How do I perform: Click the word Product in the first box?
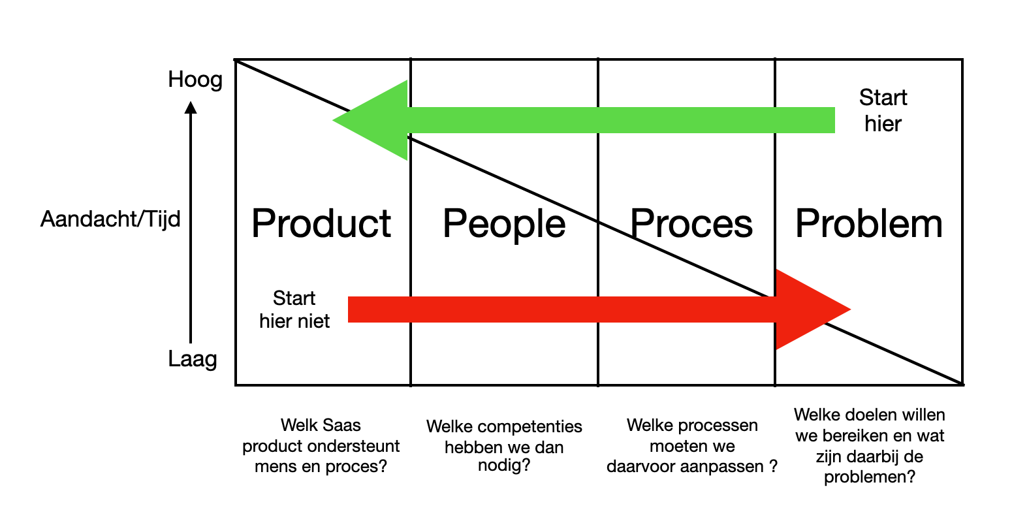pyautogui.click(x=321, y=224)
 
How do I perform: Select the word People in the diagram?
pyautogui.click(x=504, y=224)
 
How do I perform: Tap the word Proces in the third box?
pyautogui.click(x=691, y=224)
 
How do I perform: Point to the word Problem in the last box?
pyautogui.click(x=869, y=224)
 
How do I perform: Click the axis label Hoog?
pyautogui.click(x=195, y=80)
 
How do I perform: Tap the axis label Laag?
pyautogui.click(x=193, y=359)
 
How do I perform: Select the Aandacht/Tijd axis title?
pyautogui.click(x=110, y=219)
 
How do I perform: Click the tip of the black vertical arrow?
pyautogui.click(x=191, y=103)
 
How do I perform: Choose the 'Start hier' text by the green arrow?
pyautogui.click(x=883, y=110)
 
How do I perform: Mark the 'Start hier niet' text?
pyautogui.click(x=294, y=310)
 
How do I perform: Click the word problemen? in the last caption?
pyautogui.click(x=869, y=477)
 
